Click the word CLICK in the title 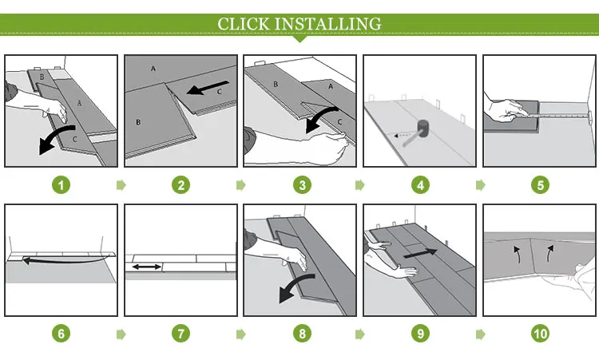click(244, 24)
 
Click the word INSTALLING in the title click(328, 24)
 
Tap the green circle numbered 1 click(61, 185)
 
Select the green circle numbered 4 click(420, 185)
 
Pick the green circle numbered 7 click(180, 334)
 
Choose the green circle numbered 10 click(540, 334)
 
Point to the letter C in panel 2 click(220, 92)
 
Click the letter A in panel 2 click(153, 69)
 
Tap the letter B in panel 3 click(276, 84)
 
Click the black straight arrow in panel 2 click(208, 88)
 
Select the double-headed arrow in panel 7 click(147, 267)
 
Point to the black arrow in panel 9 click(420, 254)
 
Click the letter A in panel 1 click(79, 103)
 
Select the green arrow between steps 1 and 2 click(121, 185)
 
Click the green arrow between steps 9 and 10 click(480, 334)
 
